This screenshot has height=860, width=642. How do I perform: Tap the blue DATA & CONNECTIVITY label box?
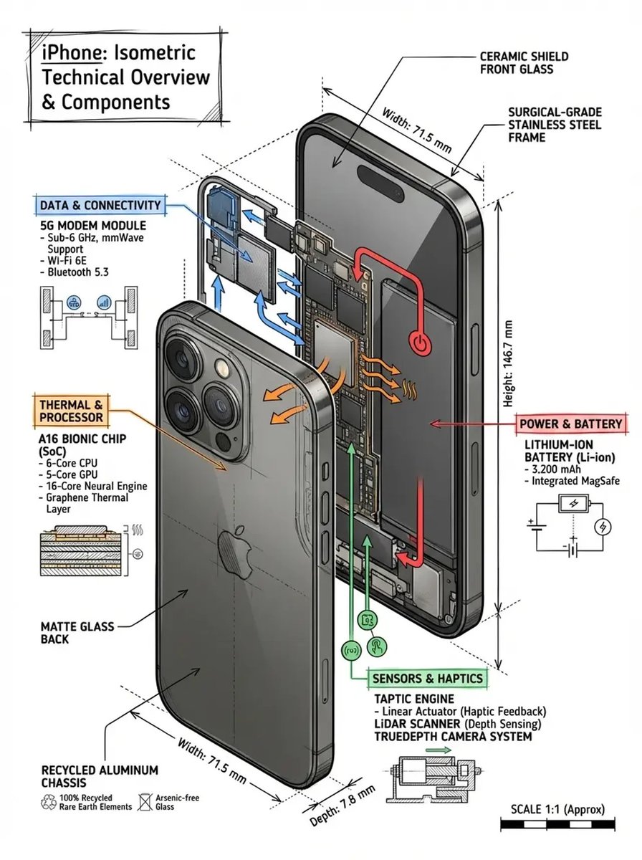(100, 206)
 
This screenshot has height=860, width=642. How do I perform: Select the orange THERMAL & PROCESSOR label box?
(71, 411)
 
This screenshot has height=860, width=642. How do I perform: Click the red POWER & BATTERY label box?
(570, 424)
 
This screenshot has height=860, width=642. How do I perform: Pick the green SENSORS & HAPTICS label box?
(427, 678)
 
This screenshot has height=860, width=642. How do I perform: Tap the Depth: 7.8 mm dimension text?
(342, 804)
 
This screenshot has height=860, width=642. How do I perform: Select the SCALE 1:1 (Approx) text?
(557, 809)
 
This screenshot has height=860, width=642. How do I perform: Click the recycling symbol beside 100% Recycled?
(50, 801)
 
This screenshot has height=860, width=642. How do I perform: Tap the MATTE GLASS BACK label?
(77, 632)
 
